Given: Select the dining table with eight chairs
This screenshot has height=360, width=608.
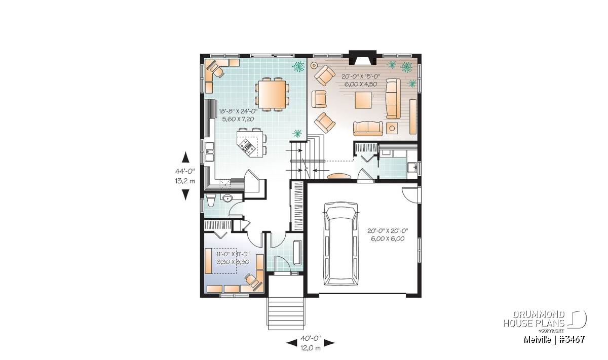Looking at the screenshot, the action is (x=272, y=94).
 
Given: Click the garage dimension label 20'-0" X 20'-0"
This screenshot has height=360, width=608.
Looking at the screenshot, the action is (x=388, y=231).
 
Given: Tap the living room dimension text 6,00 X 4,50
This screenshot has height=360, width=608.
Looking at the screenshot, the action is (x=361, y=84).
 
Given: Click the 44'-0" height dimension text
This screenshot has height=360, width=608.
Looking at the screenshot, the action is (x=185, y=171).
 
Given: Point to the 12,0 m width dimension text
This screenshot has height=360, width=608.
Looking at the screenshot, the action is (x=311, y=348).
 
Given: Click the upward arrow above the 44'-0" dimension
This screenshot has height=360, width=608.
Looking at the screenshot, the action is (x=185, y=157).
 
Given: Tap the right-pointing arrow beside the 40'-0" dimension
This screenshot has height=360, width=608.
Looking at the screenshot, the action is (x=329, y=343).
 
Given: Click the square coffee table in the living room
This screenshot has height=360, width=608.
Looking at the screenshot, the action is (x=363, y=100).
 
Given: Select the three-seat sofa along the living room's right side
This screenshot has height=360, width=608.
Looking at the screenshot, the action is (x=393, y=98).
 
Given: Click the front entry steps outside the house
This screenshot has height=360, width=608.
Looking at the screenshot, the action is (x=286, y=313).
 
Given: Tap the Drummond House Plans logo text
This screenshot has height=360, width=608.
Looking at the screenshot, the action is (x=534, y=319).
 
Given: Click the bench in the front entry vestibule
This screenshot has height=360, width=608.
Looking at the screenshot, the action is (x=297, y=252).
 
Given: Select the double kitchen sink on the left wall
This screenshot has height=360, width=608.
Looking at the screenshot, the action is (x=209, y=152).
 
